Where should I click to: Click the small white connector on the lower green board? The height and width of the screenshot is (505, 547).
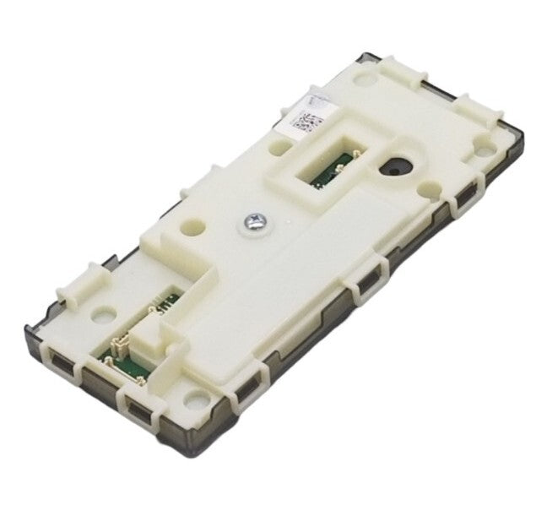pos(116,345)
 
